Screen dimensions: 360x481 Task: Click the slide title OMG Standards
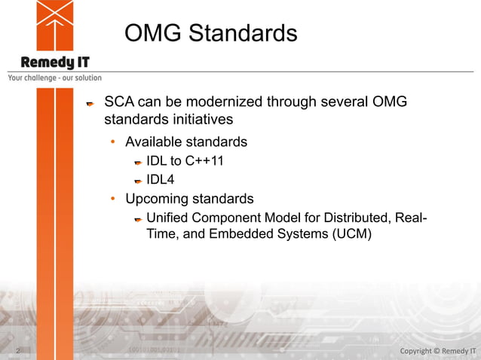point(210,33)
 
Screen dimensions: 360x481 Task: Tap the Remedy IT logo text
point(54,63)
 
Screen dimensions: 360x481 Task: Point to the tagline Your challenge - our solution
point(54,78)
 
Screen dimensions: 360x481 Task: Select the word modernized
point(216,102)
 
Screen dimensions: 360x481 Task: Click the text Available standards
point(185,142)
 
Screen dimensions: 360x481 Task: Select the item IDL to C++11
point(185,160)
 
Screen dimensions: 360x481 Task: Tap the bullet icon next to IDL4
point(138,181)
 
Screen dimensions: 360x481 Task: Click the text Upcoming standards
point(189,199)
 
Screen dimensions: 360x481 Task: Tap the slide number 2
point(17,351)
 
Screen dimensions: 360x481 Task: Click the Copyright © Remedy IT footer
point(437,351)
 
